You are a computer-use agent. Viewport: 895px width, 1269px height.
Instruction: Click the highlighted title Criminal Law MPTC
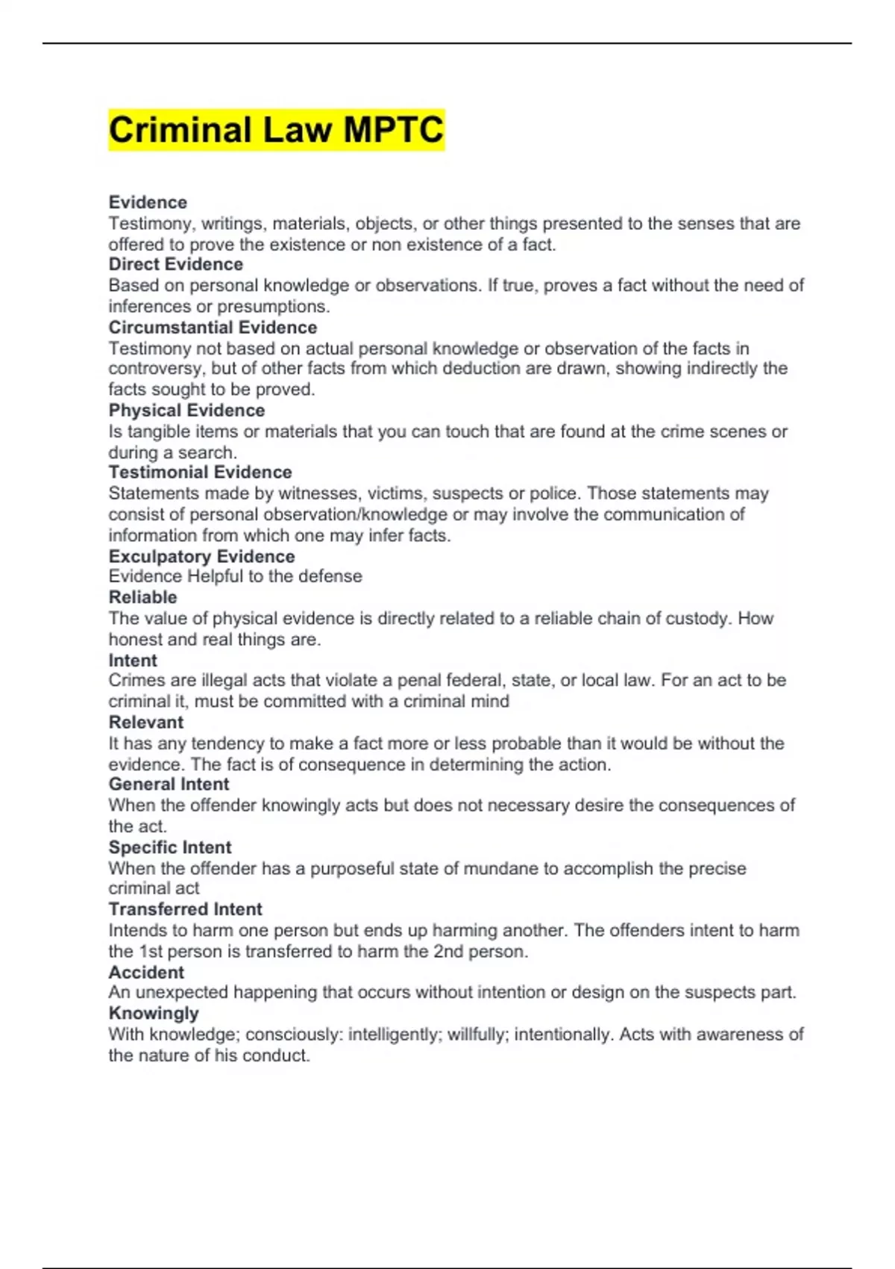pos(276,130)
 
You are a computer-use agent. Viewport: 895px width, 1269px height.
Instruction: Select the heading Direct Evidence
pos(175,264)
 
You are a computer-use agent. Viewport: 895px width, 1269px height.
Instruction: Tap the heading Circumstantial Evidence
pos(213,327)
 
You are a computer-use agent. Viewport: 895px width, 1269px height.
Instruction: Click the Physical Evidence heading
pos(186,411)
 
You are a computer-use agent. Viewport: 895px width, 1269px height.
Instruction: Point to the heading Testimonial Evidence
pos(200,473)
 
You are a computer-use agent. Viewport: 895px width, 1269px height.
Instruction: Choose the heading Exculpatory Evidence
pos(201,556)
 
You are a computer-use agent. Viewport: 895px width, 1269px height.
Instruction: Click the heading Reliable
pos(142,597)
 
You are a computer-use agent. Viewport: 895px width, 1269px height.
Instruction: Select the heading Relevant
pos(145,723)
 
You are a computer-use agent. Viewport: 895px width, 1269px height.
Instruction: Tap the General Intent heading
pos(169,785)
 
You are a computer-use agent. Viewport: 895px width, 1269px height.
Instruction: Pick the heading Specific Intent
pos(170,847)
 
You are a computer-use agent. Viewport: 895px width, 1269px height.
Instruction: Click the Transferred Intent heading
pos(185,909)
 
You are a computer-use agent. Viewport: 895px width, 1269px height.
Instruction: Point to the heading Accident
pos(146,973)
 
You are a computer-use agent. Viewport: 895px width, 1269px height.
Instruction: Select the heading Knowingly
pos(154,1014)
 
